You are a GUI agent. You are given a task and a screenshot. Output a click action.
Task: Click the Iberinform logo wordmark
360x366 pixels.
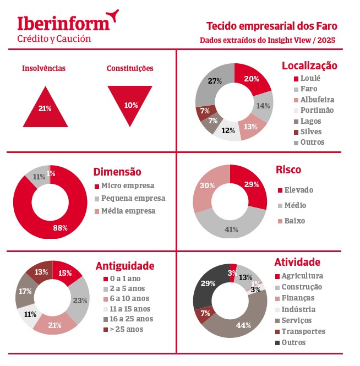point(63,23)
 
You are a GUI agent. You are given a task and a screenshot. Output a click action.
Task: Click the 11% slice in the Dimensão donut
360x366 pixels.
point(39,177)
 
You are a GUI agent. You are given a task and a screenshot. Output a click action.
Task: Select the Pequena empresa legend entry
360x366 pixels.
point(133,198)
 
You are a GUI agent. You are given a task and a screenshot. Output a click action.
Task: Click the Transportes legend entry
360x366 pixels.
point(303,331)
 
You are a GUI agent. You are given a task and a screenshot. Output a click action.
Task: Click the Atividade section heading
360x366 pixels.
point(297,263)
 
